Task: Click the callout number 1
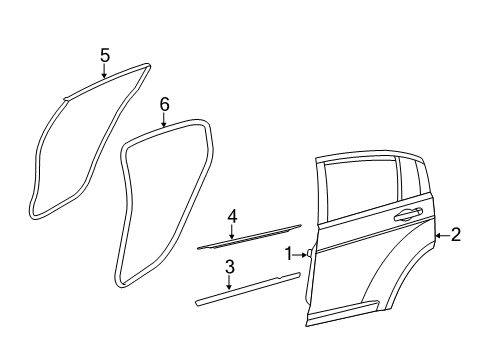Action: pos(289,254)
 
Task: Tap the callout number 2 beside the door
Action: pos(456,235)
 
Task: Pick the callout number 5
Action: pos(104,57)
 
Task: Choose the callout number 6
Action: pos(165,103)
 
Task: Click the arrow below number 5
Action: pos(104,73)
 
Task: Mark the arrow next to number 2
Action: pos(442,236)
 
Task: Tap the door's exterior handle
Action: pos(406,215)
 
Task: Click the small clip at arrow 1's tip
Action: pos(309,254)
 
